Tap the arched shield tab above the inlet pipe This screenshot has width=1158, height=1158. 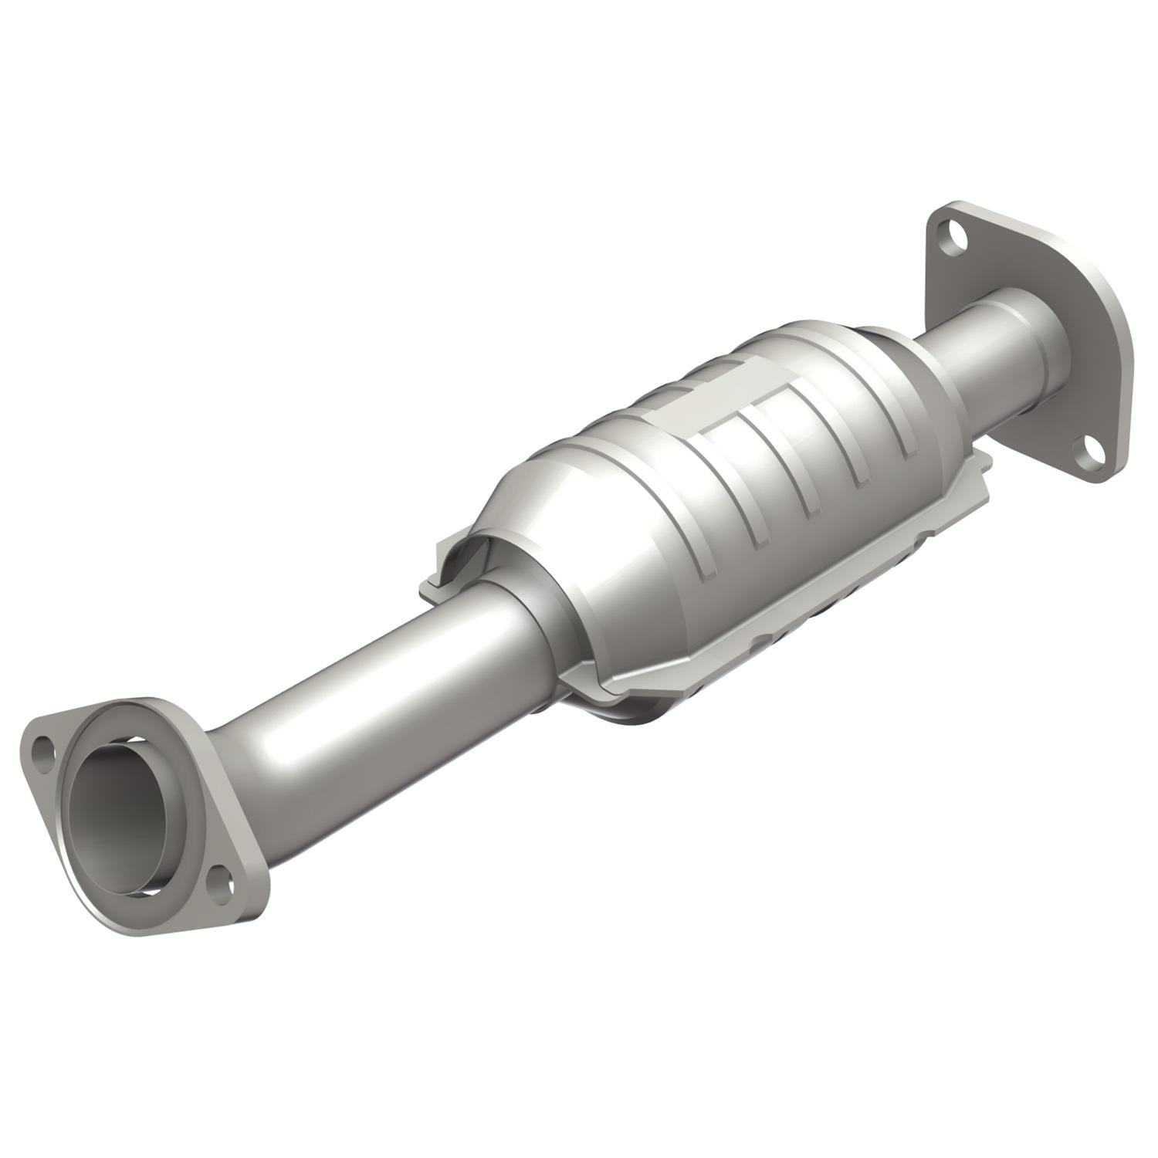(463, 556)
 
